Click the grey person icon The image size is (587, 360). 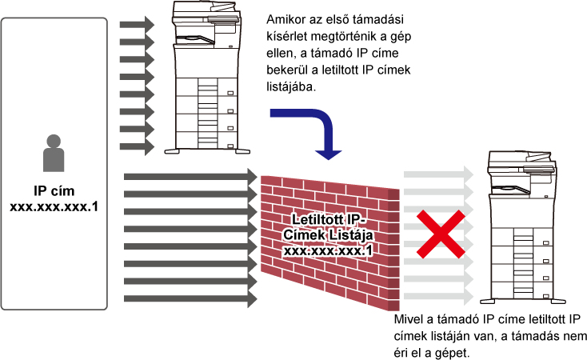click(x=54, y=154)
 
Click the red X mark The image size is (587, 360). click(x=441, y=234)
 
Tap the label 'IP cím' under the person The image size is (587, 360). click(x=54, y=190)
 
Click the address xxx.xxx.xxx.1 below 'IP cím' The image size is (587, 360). click(x=54, y=206)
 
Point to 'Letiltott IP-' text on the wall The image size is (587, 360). click(x=329, y=219)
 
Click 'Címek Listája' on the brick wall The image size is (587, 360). click(x=328, y=235)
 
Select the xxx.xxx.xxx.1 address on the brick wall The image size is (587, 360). click(x=328, y=250)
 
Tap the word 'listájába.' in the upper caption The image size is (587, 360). click(x=291, y=86)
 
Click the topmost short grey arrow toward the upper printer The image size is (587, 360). click(x=137, y=25)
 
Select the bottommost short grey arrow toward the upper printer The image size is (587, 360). click(x=137, y=146)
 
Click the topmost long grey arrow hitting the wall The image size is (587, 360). click(x=191, y=177)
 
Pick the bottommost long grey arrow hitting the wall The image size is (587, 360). click(x=191, y=299)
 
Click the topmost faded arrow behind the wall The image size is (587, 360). click(x=439, y=174)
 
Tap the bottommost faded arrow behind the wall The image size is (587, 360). click(x=439, y=297)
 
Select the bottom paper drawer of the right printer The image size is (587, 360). click(x=521, y=290)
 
